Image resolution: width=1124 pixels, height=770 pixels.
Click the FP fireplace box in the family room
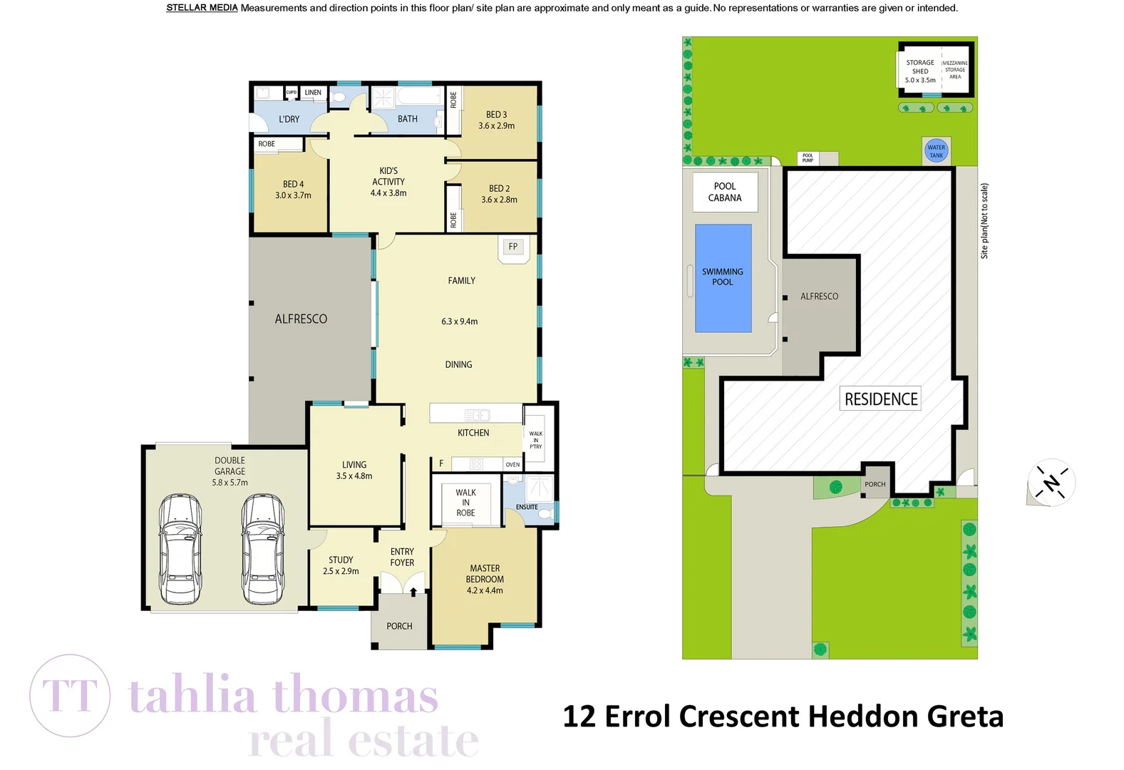tap(513, 247)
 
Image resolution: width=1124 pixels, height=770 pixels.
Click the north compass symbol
tap(1051, 483)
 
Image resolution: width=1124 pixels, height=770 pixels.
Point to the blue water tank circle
tap(936, 151)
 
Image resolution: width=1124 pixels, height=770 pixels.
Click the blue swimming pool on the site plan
tap(723, 278)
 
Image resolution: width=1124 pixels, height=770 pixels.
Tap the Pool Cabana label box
tap(725, 192)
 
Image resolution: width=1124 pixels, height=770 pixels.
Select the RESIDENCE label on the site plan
tap(881, 399)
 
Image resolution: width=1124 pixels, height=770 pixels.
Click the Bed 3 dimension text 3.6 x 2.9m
tap(497, 126)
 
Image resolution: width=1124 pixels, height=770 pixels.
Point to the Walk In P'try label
tap(535, 440)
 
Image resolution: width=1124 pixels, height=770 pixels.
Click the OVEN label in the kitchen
tap(512, 464)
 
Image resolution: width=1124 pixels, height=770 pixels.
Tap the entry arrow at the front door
tap(413, 591)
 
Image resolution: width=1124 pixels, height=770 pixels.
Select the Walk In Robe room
tap(465, 503)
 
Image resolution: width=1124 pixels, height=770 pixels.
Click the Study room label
tap(341, 560)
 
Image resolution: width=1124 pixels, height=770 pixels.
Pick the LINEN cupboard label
tap(313, 93)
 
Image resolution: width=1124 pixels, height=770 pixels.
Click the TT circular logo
tap(70, 696)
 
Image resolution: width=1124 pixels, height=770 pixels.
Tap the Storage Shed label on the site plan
tap(920, 71)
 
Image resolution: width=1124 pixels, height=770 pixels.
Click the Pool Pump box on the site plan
tap(808, 158)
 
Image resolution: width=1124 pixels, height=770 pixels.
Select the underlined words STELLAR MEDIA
tap(202, 8)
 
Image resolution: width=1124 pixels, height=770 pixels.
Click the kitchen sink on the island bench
tap(476, 415)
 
